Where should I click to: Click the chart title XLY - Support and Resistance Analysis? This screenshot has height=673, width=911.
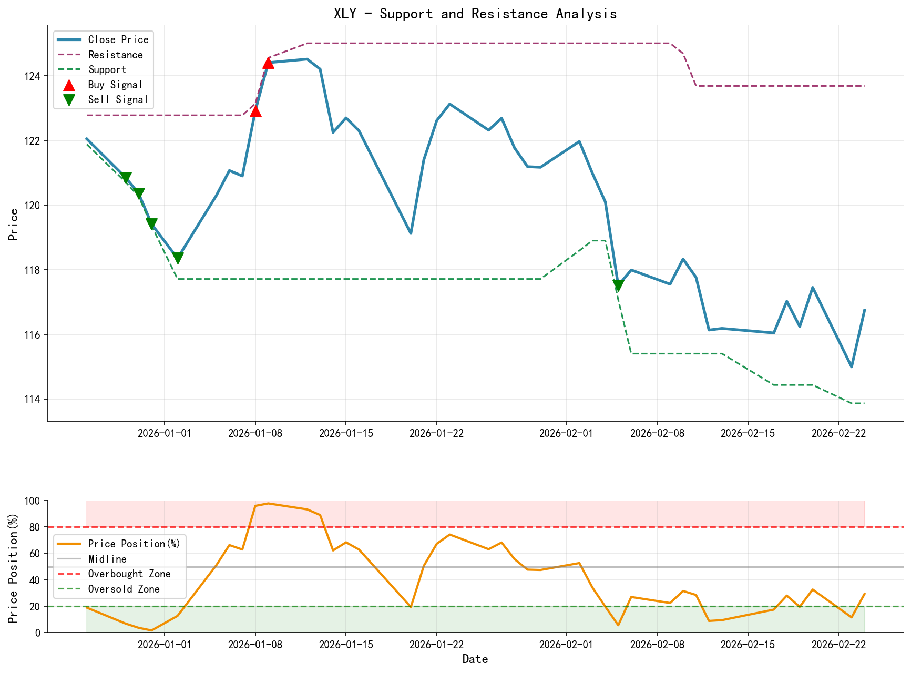(475, 14)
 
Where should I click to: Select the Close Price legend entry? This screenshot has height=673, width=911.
(118, 40)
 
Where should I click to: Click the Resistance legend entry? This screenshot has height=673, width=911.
(115, 55)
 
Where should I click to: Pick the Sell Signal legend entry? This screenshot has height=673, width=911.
(117, 100)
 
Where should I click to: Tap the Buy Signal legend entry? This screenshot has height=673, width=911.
(115, 85)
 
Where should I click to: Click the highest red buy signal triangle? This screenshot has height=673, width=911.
(268, 63)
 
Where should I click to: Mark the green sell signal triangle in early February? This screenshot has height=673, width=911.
(618, 285)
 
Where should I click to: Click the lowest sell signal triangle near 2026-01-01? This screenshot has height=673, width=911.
(178, 258)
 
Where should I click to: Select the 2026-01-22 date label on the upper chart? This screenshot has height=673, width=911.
(436, 433)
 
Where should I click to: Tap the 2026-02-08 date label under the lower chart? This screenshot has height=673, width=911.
(657, 645)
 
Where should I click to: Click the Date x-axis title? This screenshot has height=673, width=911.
(475, 659)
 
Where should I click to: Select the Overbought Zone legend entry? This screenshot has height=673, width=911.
(129, 574)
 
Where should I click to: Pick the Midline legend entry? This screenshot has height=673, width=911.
(107, 559)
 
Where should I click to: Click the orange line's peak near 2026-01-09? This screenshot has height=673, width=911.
(268, 504)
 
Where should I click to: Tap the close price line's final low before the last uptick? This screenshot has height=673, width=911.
(852, 367)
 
